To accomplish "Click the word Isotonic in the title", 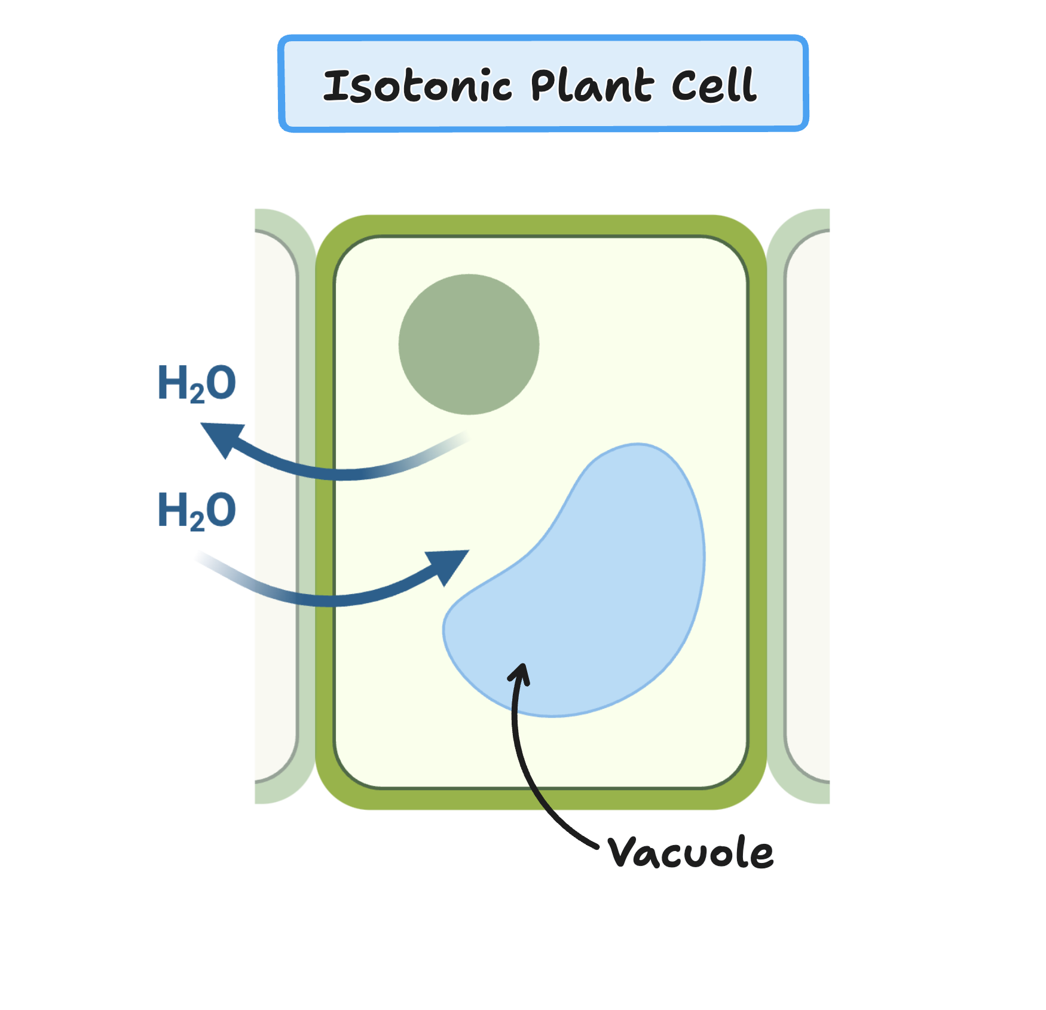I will [x=417, y=85].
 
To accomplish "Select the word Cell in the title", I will [x=714, y=85].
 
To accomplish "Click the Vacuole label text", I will [x=690, y=852].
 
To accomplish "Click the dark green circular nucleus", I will [x=469, y=344].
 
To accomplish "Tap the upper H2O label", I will [x=196, y=383].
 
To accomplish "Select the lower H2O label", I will [x=196, y=511].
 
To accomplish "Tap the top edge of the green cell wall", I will [x=541, y=225].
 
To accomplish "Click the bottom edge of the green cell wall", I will [x=541, y=799].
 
